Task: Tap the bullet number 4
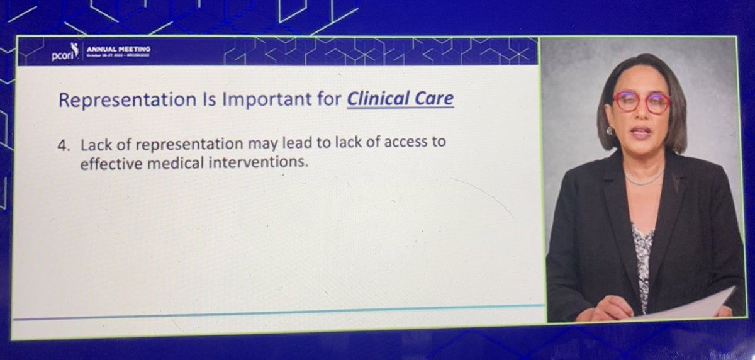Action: (x=63, y=143)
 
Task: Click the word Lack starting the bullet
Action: (x=94, y=143)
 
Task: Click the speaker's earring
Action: (x=609, y=130)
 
